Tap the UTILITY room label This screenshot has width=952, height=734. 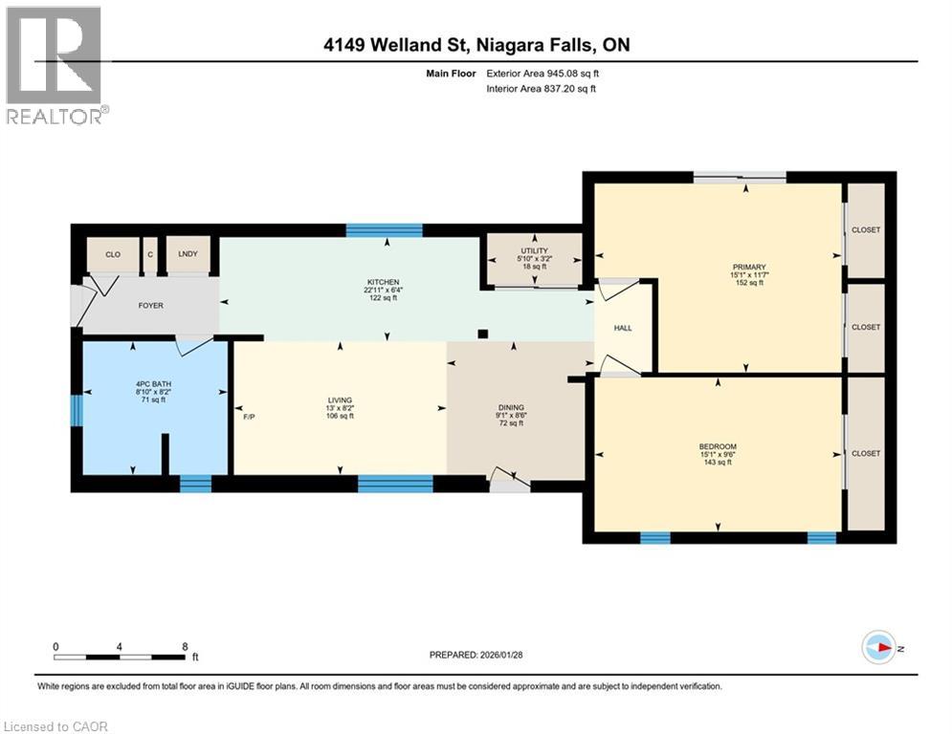533,250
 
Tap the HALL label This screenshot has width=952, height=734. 623,328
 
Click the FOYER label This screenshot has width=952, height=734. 150,306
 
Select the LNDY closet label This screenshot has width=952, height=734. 188,254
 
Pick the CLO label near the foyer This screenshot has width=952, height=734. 113,254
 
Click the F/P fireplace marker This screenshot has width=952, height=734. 249,417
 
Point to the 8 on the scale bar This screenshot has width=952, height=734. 184,646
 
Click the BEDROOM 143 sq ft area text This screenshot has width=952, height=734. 718,463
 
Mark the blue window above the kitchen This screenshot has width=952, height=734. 384,229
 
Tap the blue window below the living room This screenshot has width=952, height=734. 394,485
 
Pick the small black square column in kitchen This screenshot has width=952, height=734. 483,334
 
